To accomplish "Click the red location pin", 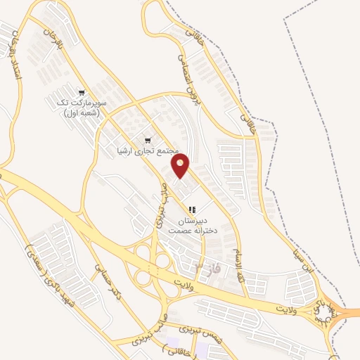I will click(x=181, y=166).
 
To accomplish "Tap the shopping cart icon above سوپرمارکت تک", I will click(x=83, y=92).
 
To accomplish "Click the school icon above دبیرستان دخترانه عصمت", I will click(x=192, y=210).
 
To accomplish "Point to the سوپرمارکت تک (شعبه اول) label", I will click(x=78, y=108).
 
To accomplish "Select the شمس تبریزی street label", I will click(x=184, y=329).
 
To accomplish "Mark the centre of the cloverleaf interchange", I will click(x=153, y=262).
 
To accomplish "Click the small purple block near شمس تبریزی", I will click(x=202, y=349).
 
